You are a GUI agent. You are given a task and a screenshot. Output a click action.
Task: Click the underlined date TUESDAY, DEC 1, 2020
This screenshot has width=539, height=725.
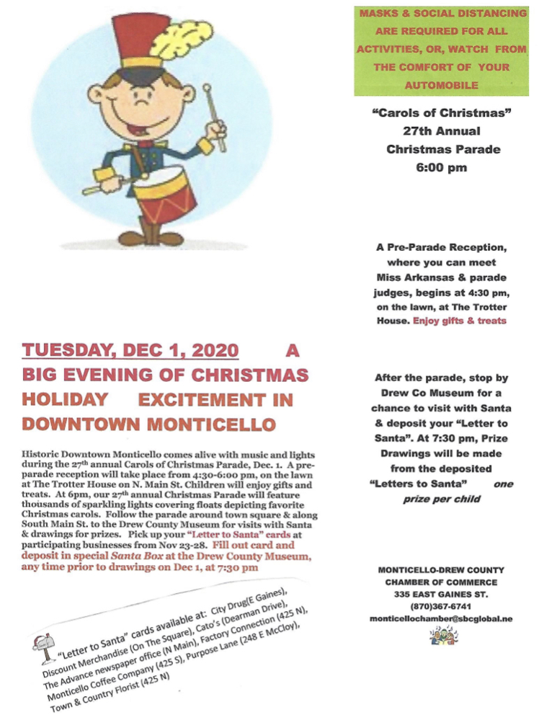(x=130, y=351)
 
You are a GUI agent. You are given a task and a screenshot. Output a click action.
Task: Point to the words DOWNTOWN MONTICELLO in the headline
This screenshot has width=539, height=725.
(x=148, y=423)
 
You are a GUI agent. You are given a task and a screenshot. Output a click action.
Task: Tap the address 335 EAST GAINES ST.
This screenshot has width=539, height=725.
(x=442, y=595)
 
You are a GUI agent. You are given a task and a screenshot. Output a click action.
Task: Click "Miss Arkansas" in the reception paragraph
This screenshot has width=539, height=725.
(x=414, y=278)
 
